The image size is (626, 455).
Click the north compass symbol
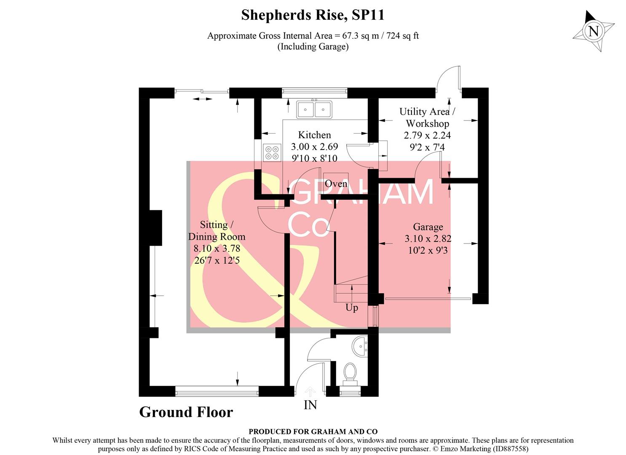[594, 31]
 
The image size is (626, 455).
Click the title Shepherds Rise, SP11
[313, 15]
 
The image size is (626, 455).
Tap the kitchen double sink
[314, 110]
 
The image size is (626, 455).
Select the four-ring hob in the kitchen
[272, 153]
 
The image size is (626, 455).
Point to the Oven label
[336, 184]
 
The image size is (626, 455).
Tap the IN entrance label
[310, 405]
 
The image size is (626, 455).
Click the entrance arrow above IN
[310, 391]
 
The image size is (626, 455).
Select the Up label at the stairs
[352, 308]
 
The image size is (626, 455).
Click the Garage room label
[428, 227]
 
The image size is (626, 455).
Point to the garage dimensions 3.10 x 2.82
[428, 239]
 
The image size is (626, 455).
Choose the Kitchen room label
[314, 135]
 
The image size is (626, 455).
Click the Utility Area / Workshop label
[427, 118]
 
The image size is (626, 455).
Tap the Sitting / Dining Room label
[217, 230]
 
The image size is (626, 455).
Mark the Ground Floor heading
[186, 412]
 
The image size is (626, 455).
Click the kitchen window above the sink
[314, 90]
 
